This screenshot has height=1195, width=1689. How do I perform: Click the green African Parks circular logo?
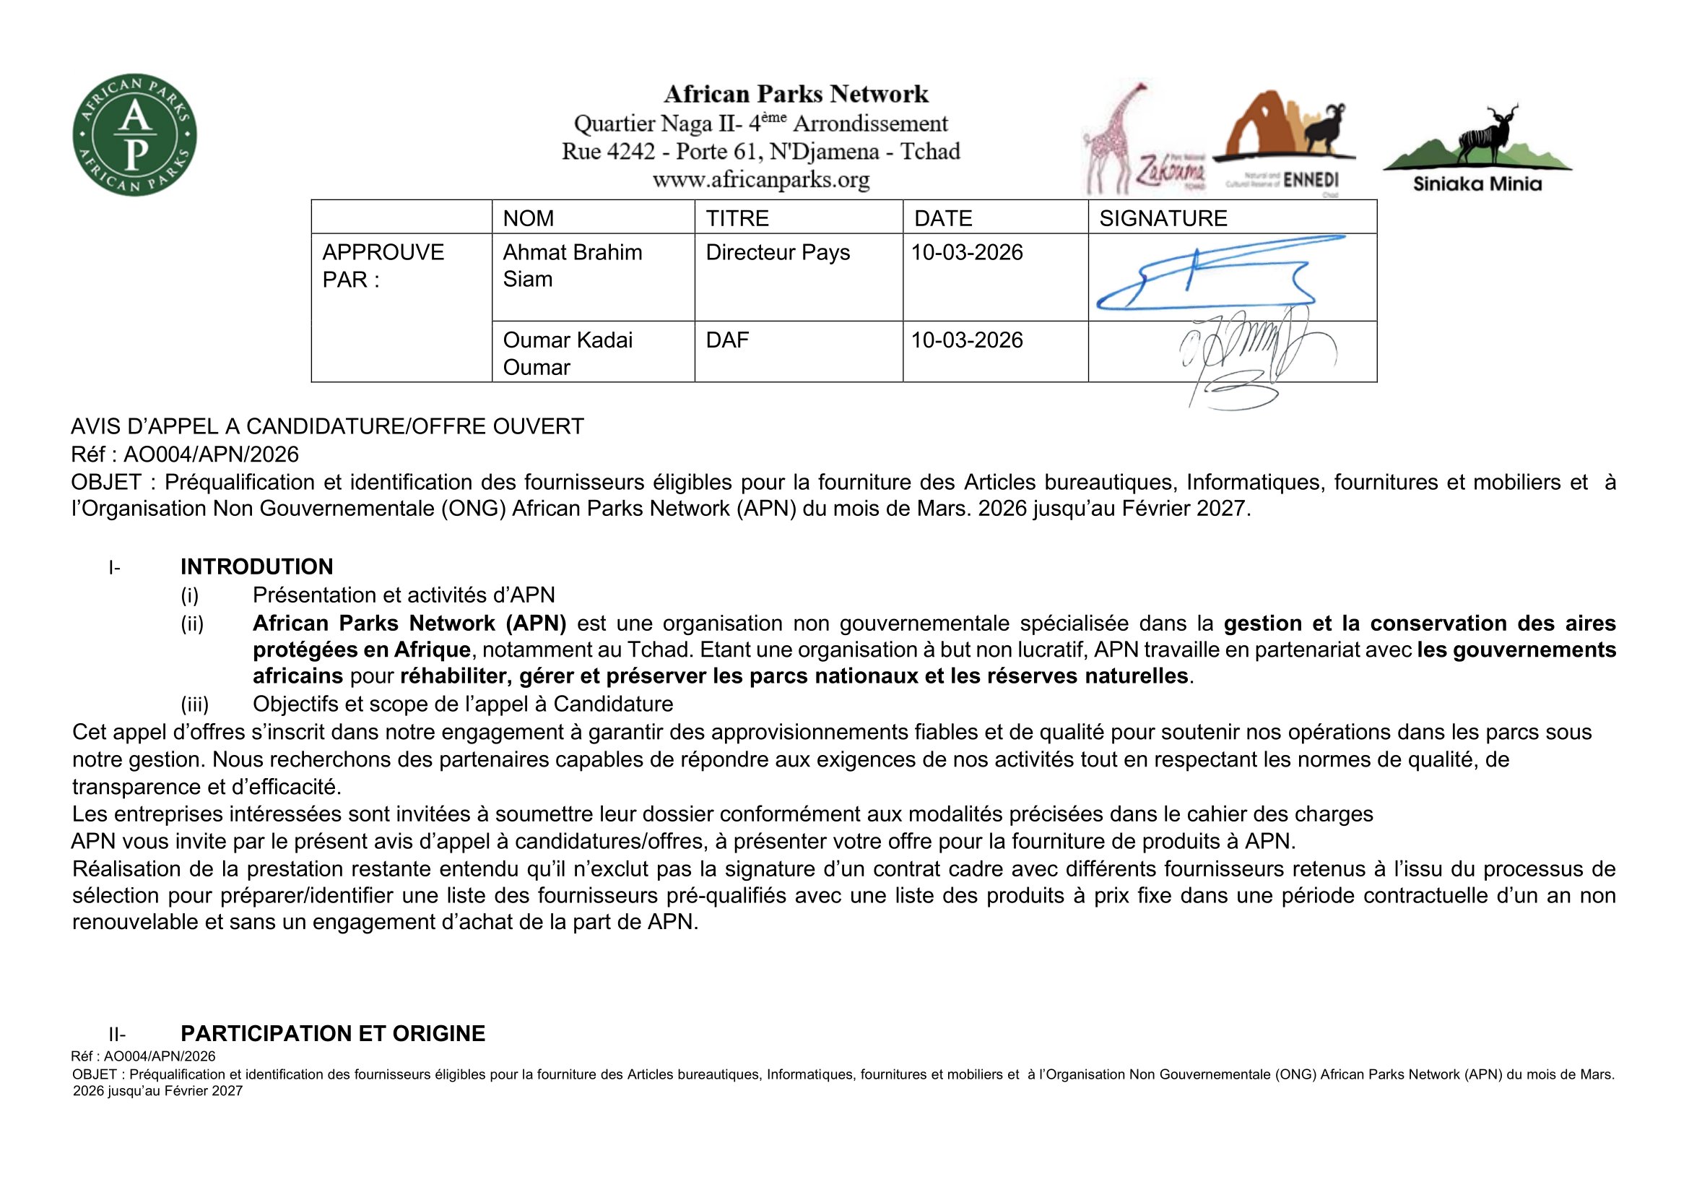point(134,134)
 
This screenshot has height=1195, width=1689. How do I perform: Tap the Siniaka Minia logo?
point(1477,151)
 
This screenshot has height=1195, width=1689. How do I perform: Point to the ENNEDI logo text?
point(1310,181)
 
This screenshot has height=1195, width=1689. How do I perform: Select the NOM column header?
point(528,218)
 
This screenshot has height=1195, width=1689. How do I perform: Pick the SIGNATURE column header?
point(1163,218)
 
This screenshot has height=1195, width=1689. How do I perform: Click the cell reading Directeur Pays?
point(778,252)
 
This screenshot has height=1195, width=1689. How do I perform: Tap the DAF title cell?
point(727,340)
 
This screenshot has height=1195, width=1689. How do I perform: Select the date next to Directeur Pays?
point(967,252)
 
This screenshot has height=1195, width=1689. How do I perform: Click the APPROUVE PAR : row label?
point(383,266)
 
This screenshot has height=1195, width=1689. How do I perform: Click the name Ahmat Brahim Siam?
point(572,266)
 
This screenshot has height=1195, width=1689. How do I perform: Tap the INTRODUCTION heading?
point(257,566)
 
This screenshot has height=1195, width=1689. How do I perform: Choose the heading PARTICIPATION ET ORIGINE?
point(332,1033)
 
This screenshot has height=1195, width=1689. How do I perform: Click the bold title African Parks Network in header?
point(796,94)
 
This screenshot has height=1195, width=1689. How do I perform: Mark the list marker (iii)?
point(195,704)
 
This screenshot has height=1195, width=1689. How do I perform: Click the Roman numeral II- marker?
point(117,1034)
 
